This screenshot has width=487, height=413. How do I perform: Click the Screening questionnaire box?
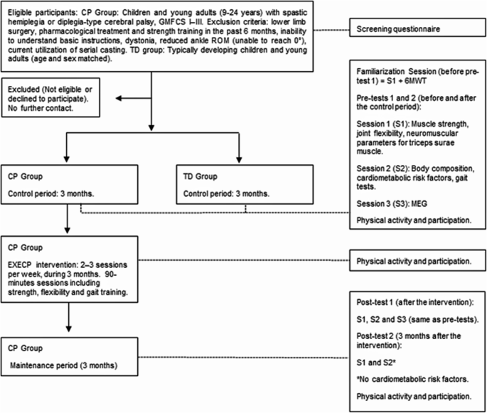418,27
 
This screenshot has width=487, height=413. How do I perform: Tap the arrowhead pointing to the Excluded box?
119,98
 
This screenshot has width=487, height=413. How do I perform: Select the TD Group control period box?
245,184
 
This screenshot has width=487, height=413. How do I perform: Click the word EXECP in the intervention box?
20,265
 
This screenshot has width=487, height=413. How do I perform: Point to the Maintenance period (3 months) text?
64,365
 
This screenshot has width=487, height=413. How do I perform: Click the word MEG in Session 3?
419,204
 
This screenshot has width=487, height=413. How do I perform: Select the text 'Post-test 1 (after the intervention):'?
415,302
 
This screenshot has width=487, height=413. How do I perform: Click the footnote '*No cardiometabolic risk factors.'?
412,379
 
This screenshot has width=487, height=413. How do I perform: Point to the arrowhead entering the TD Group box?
239,159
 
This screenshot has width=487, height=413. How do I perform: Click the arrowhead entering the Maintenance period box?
69,328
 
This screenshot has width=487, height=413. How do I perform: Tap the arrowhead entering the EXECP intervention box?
67,230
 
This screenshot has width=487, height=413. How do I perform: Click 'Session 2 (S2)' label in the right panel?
382,168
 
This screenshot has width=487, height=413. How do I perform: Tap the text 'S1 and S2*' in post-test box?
376,363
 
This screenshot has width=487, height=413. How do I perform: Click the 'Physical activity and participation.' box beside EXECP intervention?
418,260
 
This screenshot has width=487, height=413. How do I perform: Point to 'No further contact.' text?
41,108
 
